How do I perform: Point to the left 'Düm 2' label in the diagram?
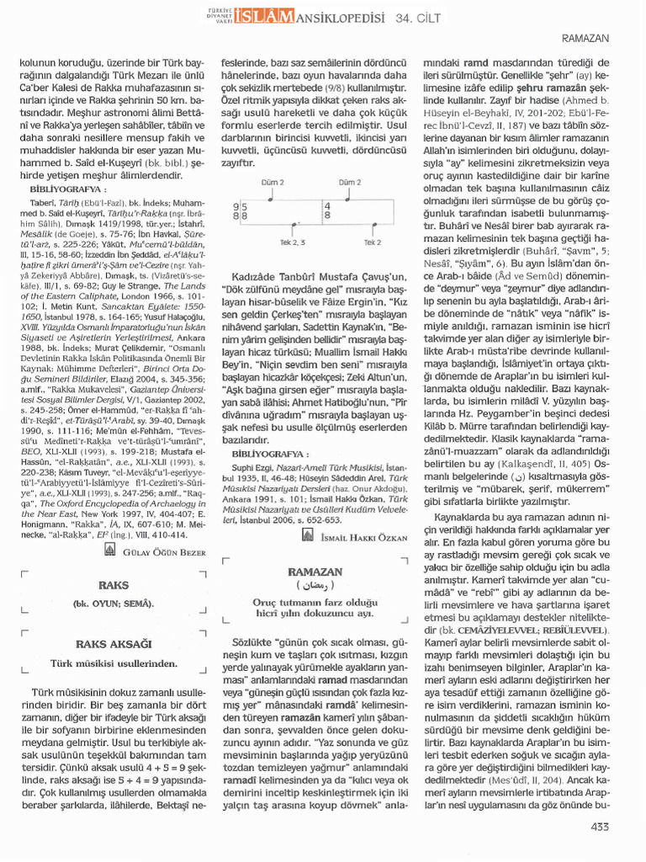(x=274, y=182)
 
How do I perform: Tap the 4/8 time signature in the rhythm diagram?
(x=326, y=210)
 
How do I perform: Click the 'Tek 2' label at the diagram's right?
(x=373, y=242)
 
